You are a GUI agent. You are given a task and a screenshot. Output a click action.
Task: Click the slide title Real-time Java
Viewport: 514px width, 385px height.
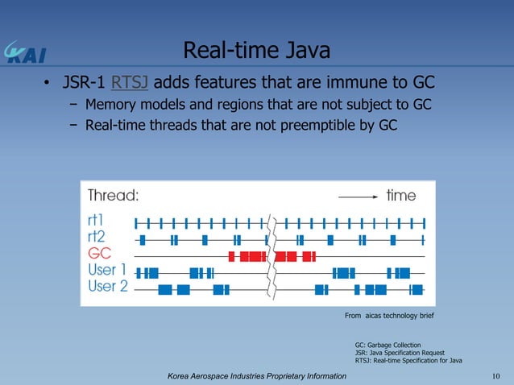pos(257,52)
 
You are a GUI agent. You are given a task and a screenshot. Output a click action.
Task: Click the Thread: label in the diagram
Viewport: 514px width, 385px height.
pos(114,196)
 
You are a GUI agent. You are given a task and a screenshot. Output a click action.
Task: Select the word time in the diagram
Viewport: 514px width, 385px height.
pos(401,196)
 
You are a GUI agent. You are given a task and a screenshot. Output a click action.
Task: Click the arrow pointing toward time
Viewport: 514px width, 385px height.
pos(358,196)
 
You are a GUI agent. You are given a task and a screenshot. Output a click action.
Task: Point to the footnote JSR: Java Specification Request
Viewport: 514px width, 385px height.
pos(400,352)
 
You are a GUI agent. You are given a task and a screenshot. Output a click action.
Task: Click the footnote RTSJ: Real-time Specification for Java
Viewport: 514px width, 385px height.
pos(408,360)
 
